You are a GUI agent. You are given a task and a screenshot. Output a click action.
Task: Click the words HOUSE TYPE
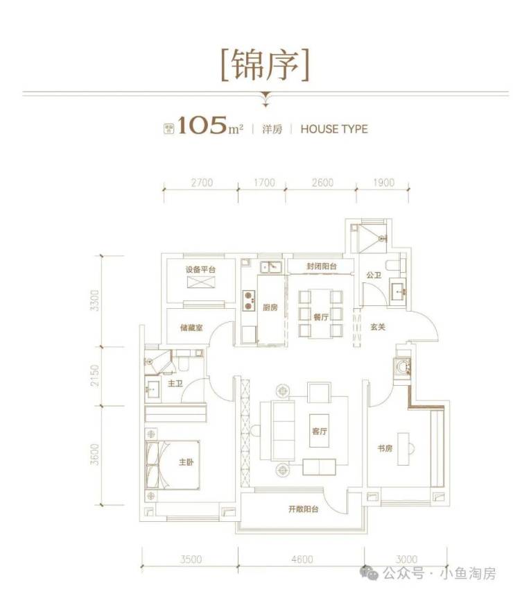[x=334, y=129]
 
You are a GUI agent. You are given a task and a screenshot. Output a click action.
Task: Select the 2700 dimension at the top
[x=200, y=183]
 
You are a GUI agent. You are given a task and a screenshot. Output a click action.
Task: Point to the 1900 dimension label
[x=383, y=183]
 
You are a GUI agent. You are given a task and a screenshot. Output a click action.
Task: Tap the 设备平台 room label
[x=200, y=270]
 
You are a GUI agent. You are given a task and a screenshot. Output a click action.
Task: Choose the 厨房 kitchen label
[x=271, y=308]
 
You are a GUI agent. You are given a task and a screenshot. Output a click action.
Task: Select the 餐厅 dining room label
[x=320, y=316]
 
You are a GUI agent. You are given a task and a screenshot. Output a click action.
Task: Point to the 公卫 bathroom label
[x=374, y=275]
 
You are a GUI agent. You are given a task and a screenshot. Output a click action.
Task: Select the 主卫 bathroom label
[x=174, y=383]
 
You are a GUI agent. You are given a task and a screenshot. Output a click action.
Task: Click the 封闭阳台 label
[x=322, y=266]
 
